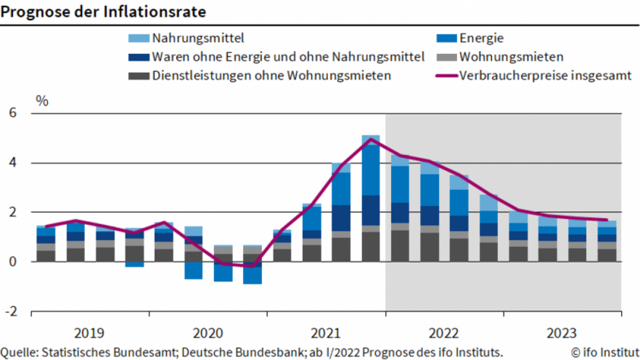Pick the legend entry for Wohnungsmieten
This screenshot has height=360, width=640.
pos(511,57)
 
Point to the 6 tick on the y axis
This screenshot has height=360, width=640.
pos(13,114)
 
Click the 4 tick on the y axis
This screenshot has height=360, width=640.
pos(13,163)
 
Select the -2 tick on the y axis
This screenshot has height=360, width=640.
pos(11,312)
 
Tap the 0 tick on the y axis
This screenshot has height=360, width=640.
pos(13,263)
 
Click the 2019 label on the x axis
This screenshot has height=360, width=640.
pos(90,332)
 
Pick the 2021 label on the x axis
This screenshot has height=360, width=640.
pos(326,332)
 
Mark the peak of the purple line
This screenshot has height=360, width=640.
pos(370,139)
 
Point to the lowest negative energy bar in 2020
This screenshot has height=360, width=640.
pos(252,273)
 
